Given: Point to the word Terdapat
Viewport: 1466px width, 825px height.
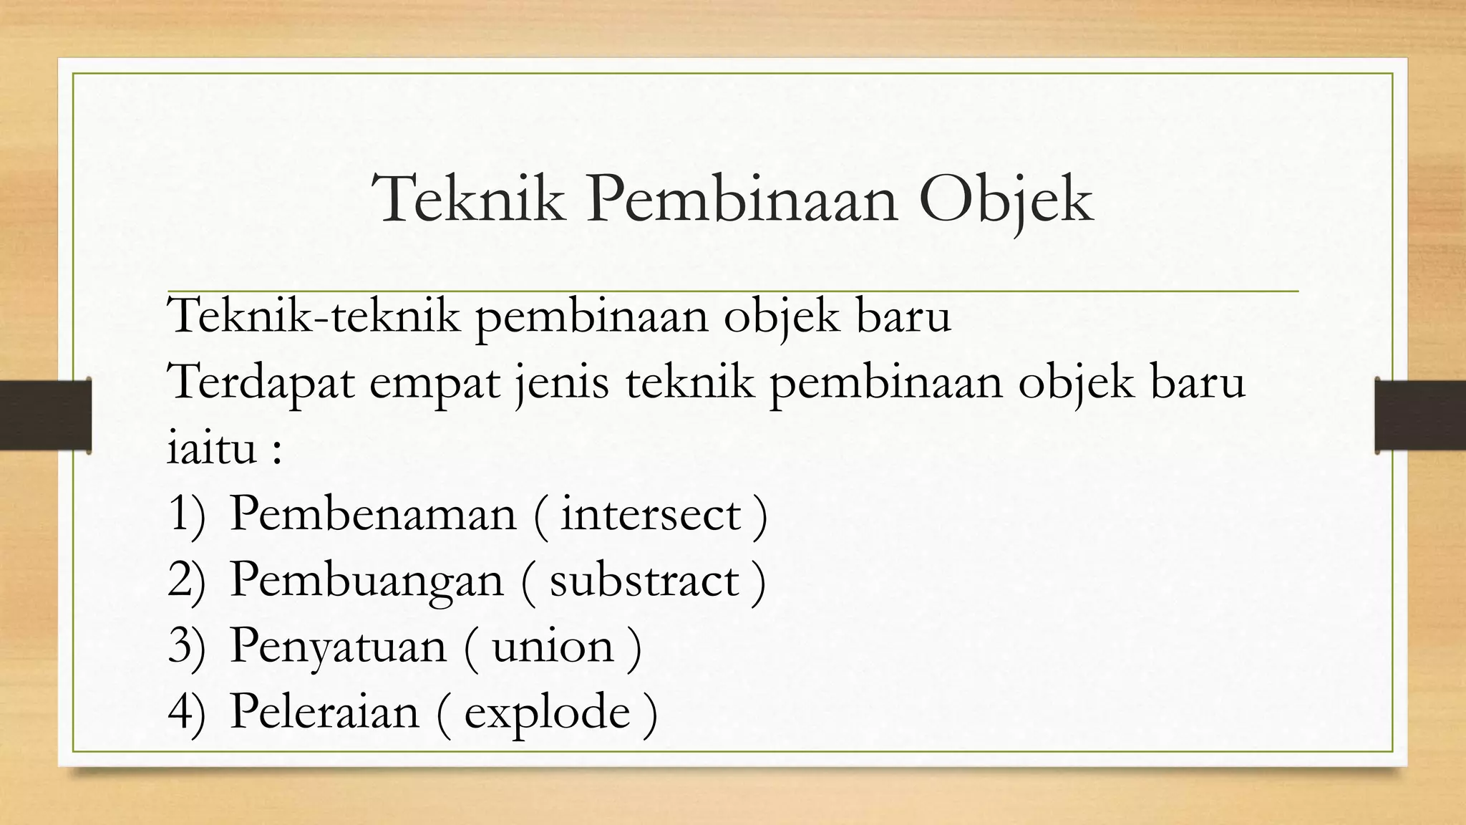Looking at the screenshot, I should [261, 382].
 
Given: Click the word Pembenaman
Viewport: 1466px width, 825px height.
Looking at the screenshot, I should [372, 514].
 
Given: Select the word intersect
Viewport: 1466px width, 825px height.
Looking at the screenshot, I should [650, 514].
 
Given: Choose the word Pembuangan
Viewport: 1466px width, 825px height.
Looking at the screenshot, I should [366, 580].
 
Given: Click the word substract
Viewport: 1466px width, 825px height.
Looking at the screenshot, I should [644, 580].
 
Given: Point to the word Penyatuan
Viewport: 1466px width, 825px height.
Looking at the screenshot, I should [338, 646].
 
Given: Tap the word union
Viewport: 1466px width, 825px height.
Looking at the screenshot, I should [553, 646].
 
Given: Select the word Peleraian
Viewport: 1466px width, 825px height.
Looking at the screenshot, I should [324, 712].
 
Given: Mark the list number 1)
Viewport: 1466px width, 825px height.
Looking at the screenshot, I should [186, 514].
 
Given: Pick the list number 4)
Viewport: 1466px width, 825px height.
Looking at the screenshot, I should [186, 712].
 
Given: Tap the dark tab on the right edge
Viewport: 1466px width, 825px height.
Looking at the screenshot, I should [1420, 415].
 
